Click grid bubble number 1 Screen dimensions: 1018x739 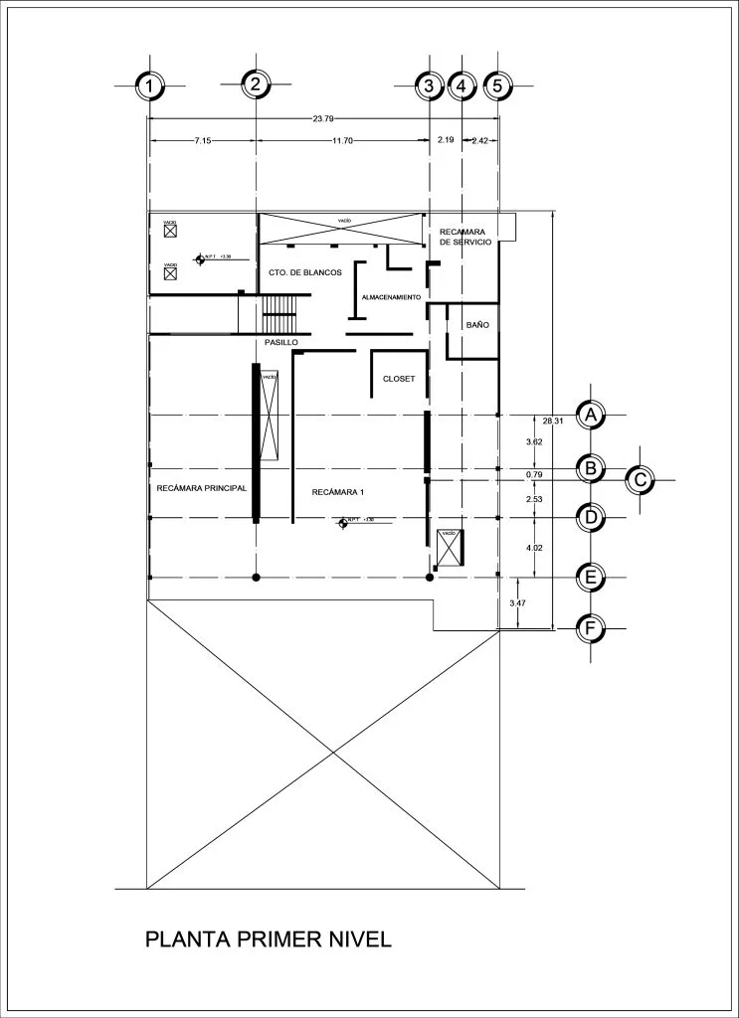149,86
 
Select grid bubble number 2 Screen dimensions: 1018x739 256,85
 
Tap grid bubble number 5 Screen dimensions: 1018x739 497,85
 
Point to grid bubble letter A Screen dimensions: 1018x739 592,415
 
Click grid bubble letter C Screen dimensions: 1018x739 642,480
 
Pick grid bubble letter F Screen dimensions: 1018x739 592,628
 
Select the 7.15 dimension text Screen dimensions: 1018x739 202,141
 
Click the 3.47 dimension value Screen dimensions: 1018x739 517,603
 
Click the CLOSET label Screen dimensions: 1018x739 399,379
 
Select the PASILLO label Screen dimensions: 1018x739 281,342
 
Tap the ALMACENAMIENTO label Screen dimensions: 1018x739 391,297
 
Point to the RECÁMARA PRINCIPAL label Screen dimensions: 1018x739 201,488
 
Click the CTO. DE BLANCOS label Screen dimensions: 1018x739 305,272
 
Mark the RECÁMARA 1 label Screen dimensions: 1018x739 338,492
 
